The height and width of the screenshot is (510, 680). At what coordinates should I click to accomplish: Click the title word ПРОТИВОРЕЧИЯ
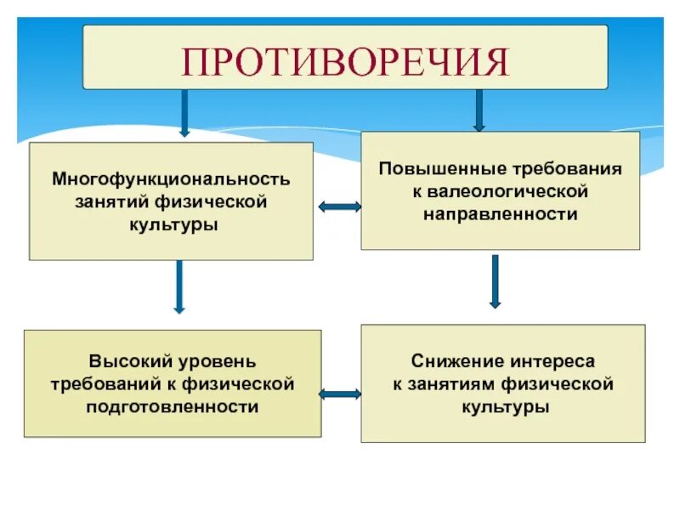tap(345, 60)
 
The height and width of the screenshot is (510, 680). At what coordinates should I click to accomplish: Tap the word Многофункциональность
tap(172, 180)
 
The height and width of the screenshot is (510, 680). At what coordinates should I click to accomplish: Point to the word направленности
tap(500, 214)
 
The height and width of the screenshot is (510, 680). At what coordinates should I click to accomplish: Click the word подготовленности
tap(172, 407)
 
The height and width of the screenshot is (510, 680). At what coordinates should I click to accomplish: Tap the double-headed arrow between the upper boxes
tap(339, 206)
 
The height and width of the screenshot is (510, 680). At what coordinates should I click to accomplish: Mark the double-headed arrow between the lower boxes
tap(340, 394)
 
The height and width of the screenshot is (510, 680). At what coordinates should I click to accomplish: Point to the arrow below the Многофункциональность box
tap(178, 286)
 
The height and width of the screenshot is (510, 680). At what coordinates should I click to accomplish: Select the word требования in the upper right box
tap(582, 168)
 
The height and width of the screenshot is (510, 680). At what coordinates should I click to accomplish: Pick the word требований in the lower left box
tap(100, 385)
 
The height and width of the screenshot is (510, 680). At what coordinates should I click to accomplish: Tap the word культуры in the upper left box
tap(171, 225)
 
